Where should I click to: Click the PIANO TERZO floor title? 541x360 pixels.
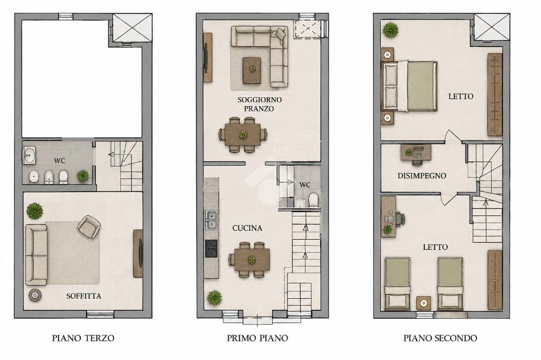pos(83,338)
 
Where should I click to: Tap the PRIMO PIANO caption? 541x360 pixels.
pos(257,338)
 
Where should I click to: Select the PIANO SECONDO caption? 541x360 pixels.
pos(440,338)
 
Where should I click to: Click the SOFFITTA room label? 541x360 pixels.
pos(84,296)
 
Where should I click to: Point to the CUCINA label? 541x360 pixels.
pos(247,228)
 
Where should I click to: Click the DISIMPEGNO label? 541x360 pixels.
pos(422,176)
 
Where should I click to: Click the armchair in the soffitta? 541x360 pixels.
pos(89,226)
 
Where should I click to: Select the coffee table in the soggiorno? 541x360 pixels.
pos(252,70)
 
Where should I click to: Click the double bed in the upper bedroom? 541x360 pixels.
pos(409,87)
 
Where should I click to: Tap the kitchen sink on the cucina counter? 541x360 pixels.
pos(211,220)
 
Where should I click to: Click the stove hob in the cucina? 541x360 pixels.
pos(211,249)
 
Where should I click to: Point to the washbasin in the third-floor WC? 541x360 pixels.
pos(29,155)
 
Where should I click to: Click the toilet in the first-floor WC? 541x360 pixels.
pos(314,200)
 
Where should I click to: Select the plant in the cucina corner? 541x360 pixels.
pos(214,298)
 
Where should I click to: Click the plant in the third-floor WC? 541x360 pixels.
pos(83,176)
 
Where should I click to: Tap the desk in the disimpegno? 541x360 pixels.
pos(416,153)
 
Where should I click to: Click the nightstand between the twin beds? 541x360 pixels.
pos(424,303)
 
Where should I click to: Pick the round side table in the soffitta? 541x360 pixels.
pos(35,295)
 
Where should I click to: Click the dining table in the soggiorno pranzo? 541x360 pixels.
pos(244,135)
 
